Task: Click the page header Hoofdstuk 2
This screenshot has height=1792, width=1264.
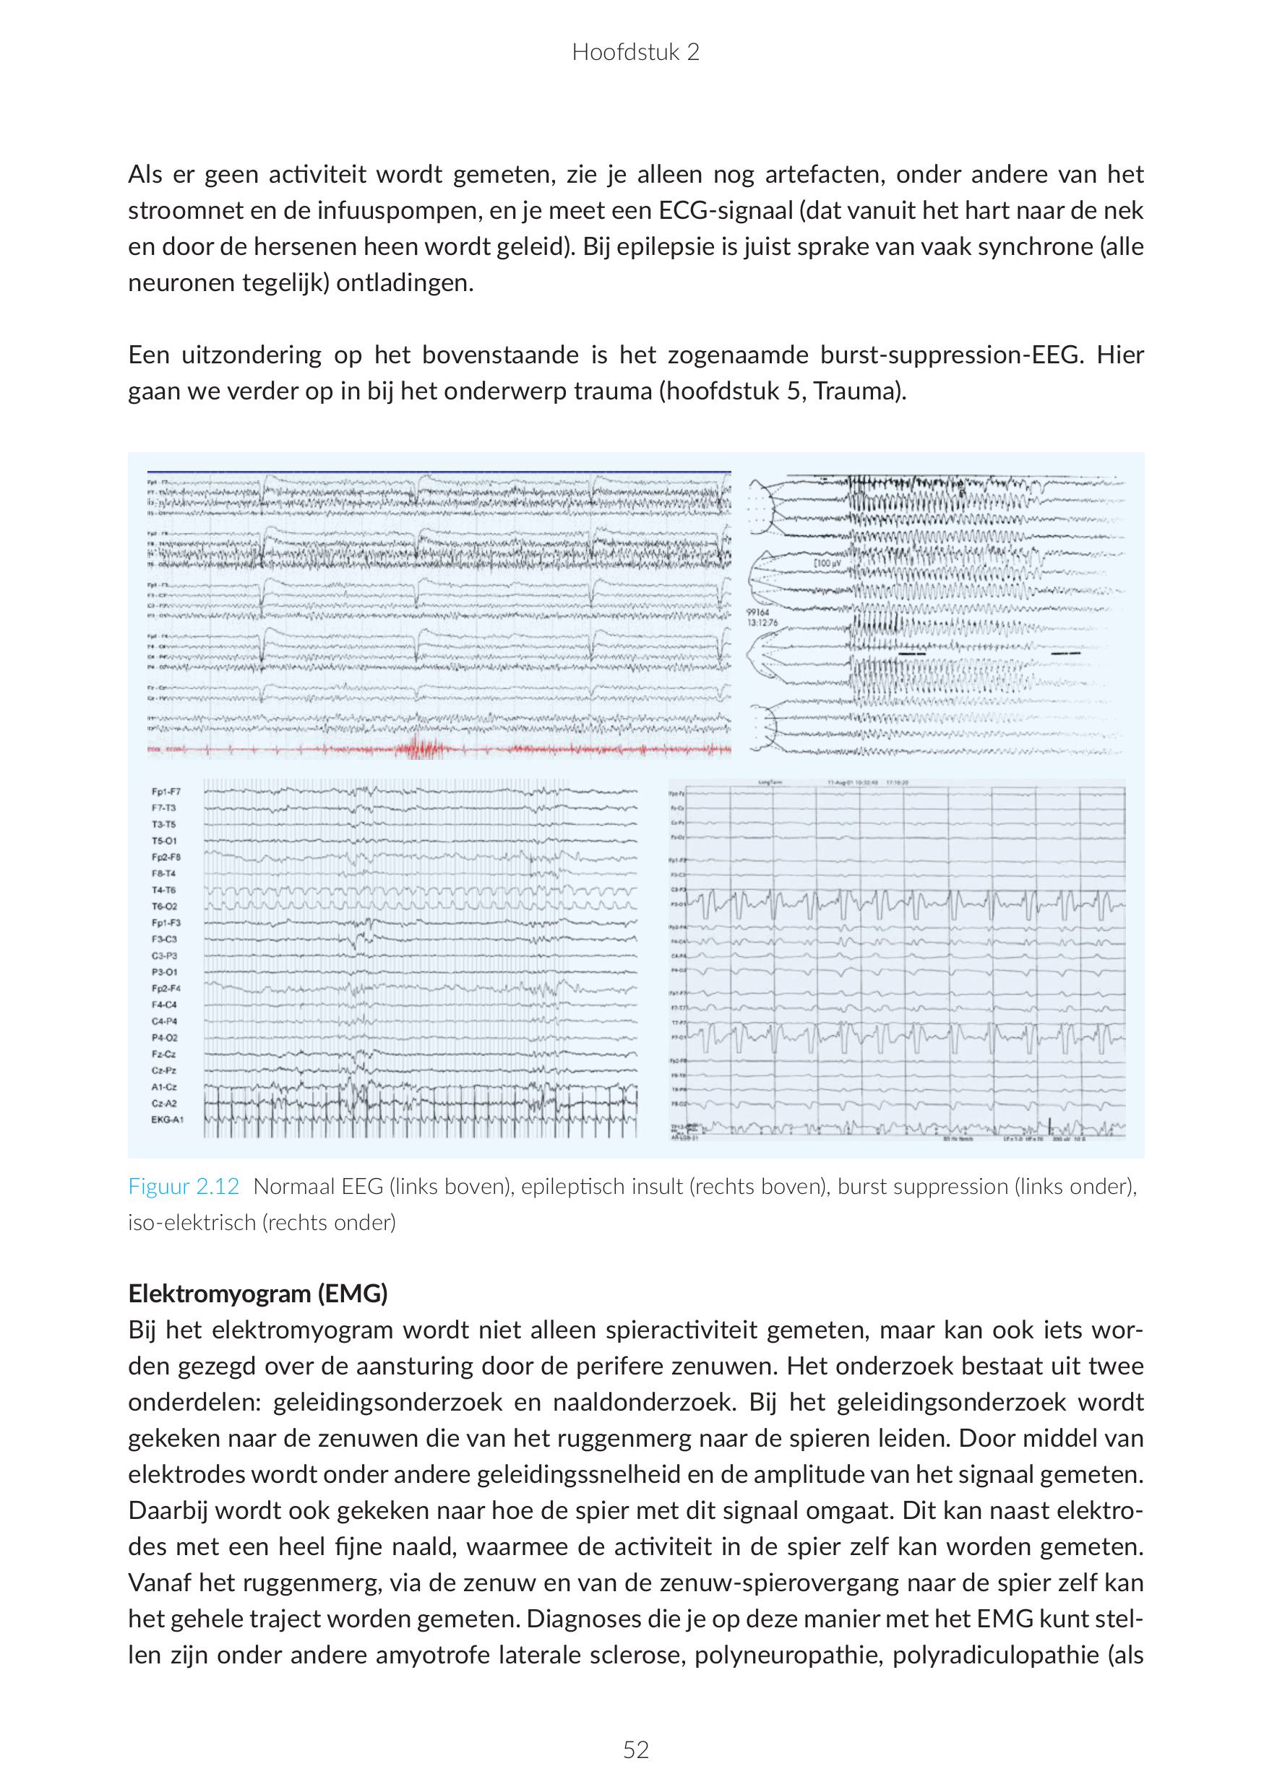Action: (x=635, y=52)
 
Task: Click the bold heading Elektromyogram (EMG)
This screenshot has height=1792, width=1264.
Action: (x=257, y=1294)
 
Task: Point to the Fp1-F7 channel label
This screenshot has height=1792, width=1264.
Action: (x=166, y=792)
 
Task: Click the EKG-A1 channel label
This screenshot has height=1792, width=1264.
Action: (x=168, y=1120)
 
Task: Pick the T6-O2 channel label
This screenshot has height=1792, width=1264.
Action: (x=165, y=906)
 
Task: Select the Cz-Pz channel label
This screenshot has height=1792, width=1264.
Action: (x=164, y=1070)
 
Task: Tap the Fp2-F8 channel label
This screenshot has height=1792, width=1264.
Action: (x=166, y=857)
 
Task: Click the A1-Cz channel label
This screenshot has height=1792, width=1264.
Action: (x=164, y=1086)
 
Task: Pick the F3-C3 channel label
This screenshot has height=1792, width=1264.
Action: (x=165, y=939)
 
